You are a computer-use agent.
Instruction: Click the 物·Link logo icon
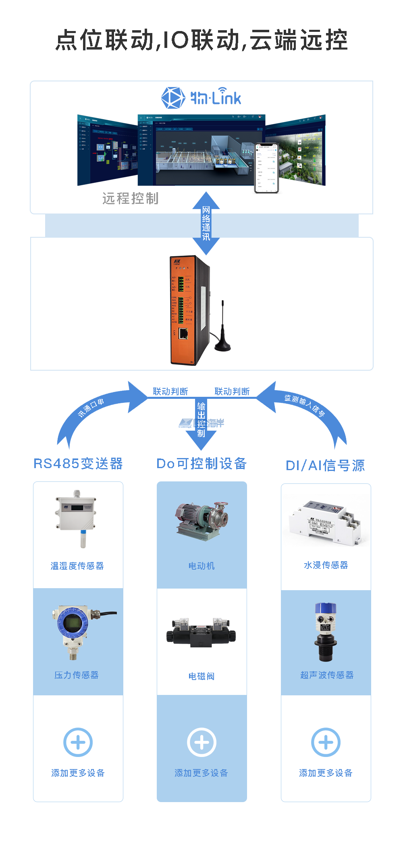(173, 97)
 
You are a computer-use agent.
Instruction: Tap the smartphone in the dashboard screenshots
(266, 168)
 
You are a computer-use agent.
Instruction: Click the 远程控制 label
(130, 199)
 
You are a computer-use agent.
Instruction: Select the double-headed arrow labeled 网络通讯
(206, 223)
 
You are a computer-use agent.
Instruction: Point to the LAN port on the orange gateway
(183, 333)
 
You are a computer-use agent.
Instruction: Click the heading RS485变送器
(78, 464)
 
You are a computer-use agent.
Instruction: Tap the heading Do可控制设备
(201, 464)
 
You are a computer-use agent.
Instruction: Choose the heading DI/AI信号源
(325, 466)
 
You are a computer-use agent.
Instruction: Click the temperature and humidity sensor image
(77, 518)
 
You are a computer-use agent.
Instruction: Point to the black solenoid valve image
(201, 633)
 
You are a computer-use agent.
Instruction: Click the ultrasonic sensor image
(326, 631)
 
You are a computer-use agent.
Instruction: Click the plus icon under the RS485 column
(78, 742)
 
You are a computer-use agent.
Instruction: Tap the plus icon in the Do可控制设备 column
(201, 742)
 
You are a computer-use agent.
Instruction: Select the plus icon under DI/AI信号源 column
(326, 742)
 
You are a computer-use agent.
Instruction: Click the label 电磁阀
(201, 676)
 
